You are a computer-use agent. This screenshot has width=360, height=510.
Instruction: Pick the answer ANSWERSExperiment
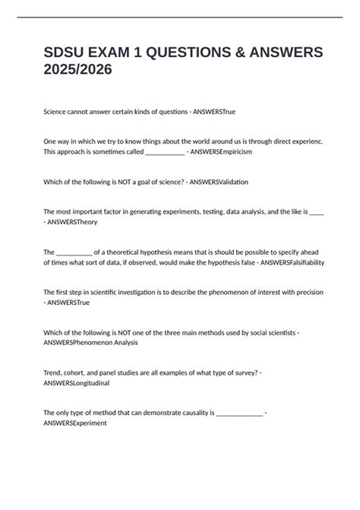(x=75, y=423)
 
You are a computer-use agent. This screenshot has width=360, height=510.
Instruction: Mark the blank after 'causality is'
(x=239, y=413)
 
